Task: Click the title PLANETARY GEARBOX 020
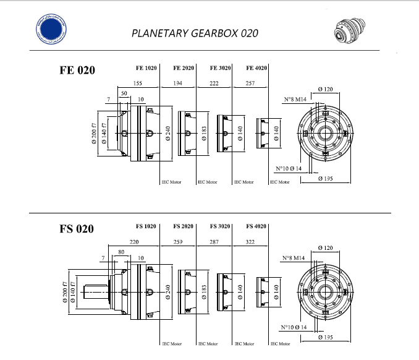click(x=195, y=33)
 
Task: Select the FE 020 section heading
click(x=77, y=70)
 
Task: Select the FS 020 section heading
click(x=77, y=229)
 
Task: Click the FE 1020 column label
click(x=146, y=68)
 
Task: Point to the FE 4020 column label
click(x=256, y=68)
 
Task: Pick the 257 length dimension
click(x=250, y=82)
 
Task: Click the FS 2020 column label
click(x=184, y=226)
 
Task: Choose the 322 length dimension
click(x=250, y=241)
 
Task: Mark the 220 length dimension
click(x=134, y=241)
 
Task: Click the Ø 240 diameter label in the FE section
click(x=168, y=134)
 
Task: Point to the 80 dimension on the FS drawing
click(x=120, y=252)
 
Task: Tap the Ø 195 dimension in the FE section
click(x=326, y=179)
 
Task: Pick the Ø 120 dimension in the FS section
click(x=325, y=248)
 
